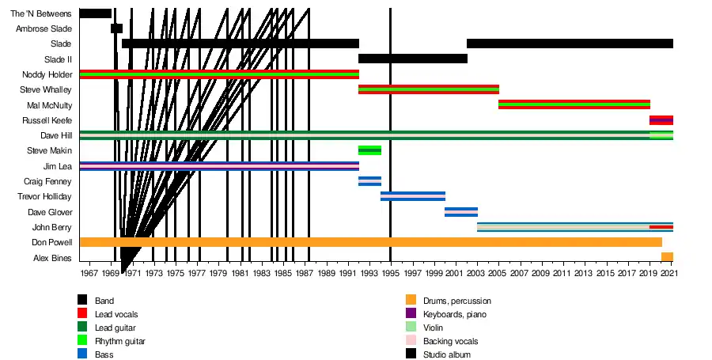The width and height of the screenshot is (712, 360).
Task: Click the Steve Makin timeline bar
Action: [369, 150]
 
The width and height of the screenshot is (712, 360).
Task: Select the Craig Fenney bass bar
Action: [369, 181]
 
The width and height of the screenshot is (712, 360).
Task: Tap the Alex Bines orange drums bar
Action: [667, 257]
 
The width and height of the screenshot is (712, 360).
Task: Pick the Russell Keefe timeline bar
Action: [661, 120]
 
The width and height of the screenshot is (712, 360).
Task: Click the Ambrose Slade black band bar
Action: [117, 28]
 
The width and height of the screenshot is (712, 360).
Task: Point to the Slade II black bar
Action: [413, 59]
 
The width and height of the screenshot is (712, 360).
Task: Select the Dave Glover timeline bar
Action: [461, 212]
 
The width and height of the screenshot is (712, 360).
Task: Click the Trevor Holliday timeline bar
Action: [413, 196]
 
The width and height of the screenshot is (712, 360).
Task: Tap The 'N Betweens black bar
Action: [96, 13]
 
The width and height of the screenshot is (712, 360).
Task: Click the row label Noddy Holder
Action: [47, 74]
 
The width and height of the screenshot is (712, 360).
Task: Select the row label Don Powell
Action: [51, 242]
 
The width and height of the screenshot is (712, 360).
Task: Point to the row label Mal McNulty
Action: [50, 105]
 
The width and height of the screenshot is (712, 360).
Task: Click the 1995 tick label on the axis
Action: [391, 273]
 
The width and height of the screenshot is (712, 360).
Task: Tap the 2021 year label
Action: [669, 273]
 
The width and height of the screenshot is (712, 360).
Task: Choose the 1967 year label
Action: [89, 273]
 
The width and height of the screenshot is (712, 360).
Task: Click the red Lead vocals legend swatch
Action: [82, 313]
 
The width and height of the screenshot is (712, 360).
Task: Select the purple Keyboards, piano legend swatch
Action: [411, 313]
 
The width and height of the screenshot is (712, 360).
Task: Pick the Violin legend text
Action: [433, 328]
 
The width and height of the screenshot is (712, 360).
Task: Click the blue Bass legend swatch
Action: [82, 353]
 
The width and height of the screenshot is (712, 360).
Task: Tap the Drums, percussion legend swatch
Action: [411, 300]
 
